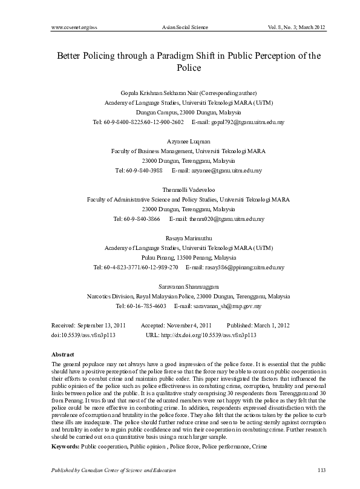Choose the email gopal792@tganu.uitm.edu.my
pyautogui.click(x=249, y=122)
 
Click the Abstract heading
pyautogui.click(x=63, y=353)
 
